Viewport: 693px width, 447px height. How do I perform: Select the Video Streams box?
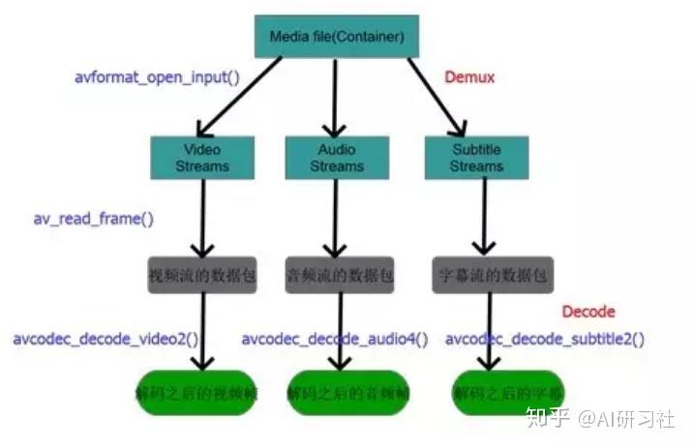(202, 157)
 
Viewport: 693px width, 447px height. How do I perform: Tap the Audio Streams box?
(337, 157)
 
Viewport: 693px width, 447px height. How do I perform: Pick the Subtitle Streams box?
(476, 157)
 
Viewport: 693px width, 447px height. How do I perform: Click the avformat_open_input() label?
(157, 76)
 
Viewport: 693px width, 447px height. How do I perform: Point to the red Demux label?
(469, 77)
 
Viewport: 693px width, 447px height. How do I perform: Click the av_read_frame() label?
(93, 218)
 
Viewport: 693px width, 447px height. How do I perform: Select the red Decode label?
(588, 312)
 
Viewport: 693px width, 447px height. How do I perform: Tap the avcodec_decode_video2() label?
(105, 340)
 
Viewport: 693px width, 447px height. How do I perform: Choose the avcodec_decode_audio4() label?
(335, 340)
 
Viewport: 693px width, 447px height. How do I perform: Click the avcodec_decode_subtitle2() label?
(545, 340)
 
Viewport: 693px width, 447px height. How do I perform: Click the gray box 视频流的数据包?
(202, 275)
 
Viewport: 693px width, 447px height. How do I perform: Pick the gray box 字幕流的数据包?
(493, 275)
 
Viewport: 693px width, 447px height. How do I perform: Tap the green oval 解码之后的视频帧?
(196, 393)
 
